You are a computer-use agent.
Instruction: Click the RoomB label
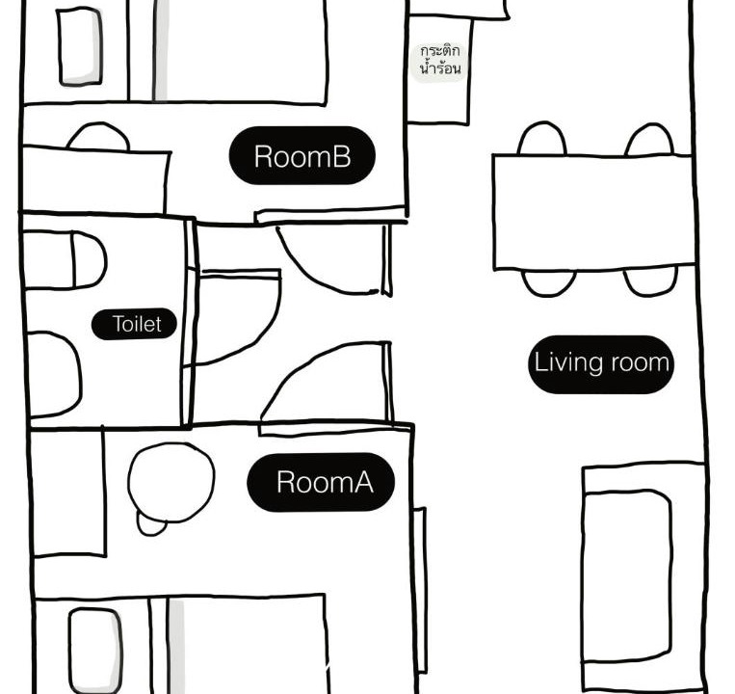point(302,156)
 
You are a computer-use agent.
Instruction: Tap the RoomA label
point(321,482)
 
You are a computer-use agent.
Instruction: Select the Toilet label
point(135,324)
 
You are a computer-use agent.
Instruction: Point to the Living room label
point(601,364)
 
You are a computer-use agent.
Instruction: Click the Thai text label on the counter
point(439,61)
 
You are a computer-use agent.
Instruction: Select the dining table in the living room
point(594,213)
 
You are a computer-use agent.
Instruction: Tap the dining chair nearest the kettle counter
point(542,139)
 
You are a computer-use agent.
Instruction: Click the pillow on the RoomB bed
point(80,47)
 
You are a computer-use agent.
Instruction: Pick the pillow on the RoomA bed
point(95,651)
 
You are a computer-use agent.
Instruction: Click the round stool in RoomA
point(171,483)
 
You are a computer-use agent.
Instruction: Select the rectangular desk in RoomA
point(68,492)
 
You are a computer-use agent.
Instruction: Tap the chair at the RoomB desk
point(98,137)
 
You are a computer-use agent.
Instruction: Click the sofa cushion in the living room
point(627,576)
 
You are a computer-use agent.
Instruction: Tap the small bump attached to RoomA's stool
point(151,525)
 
